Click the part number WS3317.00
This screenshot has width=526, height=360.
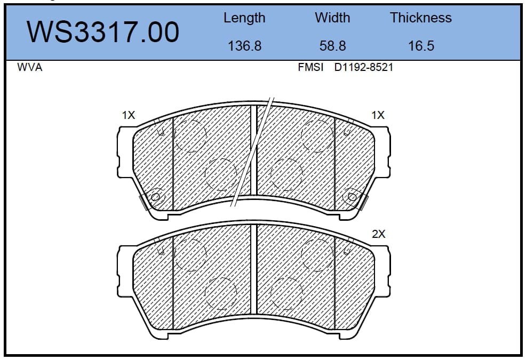tap(102, 32)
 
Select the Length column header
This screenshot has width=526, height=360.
tap(244, 18)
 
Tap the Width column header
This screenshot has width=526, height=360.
tap(332, 18)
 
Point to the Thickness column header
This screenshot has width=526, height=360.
tap(421, 18)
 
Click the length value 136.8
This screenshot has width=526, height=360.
tap(244, 46)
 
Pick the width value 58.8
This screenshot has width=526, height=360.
tap(332, 46)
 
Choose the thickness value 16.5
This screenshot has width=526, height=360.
tap(421, 46)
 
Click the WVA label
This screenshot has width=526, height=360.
tap(29, 67)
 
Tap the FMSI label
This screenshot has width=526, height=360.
tap(310, 67)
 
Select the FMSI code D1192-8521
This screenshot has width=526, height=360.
tap(363, 67)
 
